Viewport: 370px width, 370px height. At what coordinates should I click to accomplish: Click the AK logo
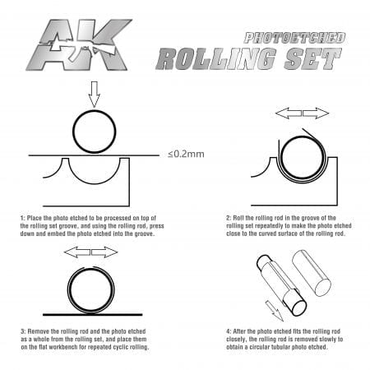(79, 44)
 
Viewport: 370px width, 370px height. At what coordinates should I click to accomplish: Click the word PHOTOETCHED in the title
(294, 38)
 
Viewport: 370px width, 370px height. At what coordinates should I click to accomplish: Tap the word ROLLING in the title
(216, 58)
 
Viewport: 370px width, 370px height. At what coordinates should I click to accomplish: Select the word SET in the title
(312, 58)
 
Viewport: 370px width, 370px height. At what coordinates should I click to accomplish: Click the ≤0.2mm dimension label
(186, 154)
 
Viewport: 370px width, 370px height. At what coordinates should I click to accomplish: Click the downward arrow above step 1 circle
(95, 95)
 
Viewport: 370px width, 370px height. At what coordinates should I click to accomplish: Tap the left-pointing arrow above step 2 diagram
(289, 113)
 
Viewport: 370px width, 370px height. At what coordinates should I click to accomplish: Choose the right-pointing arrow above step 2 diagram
(316, 113)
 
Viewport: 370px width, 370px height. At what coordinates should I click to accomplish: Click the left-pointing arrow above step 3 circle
(77, 252)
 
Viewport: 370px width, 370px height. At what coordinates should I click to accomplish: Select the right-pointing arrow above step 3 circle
(104, 252)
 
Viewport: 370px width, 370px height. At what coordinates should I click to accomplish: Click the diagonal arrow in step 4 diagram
(275, 311)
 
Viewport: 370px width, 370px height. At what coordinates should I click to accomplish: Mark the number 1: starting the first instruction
(22, 218)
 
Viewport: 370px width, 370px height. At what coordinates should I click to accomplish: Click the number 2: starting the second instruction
(229, 218)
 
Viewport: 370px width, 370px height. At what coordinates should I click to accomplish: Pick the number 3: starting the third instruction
(23, 331)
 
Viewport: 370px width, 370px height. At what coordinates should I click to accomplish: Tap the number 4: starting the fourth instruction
(229, 331)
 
